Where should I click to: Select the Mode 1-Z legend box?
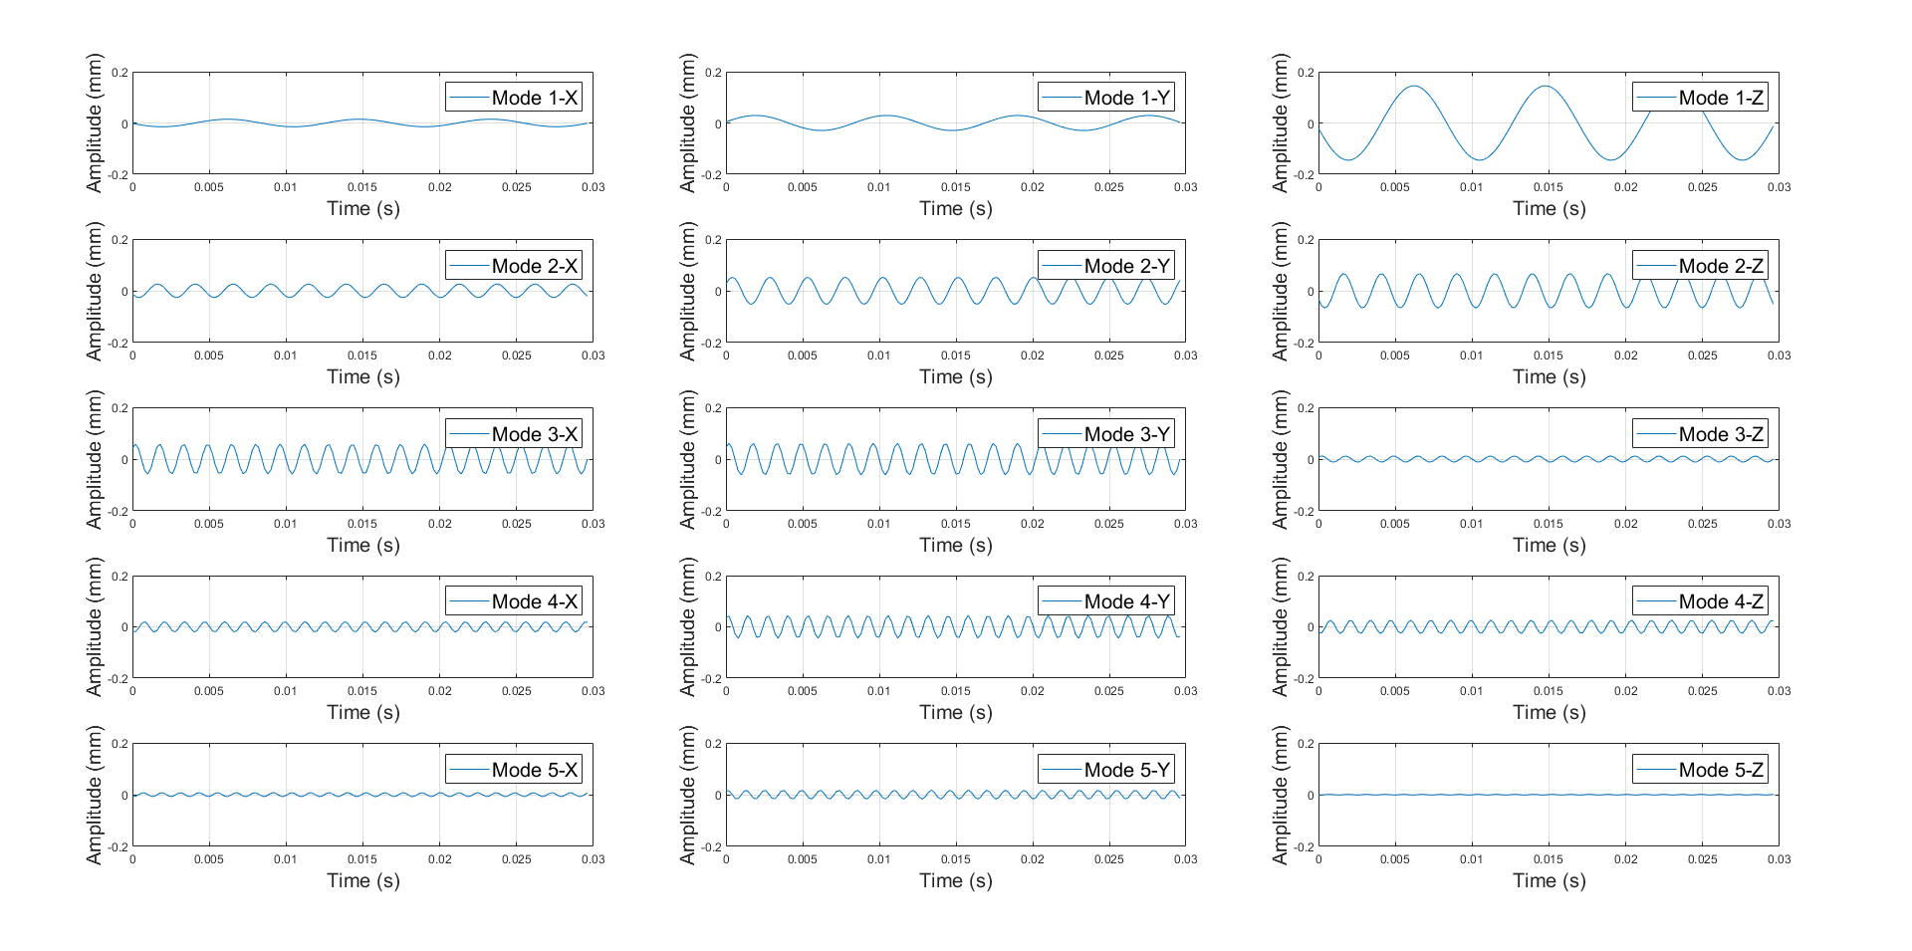[x=1700, y=98]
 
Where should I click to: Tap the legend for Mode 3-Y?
[x=1106, y=434]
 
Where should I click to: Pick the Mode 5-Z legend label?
[x=1700, y=770]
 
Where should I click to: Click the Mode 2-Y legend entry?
[x=1106, y=266]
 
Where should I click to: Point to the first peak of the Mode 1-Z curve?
[x=1413, y=87]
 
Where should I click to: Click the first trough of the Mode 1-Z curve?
[x=1347, y=159]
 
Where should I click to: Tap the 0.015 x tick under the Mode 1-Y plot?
[x=955, y=187]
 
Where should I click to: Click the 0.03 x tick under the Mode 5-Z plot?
[x=1779, y=859]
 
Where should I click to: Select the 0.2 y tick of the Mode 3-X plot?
[x=120, y=408]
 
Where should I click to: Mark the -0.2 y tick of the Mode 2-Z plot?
[x=1305, y=344]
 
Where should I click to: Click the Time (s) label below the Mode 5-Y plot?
[x=955, y=881]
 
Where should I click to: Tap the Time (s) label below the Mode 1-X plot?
[x=362, y=209]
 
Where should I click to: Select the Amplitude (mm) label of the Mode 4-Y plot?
[x=687, y=626]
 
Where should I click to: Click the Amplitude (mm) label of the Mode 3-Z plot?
[x=1281, y=459]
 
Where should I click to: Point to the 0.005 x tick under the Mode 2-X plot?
[x=209, y=356]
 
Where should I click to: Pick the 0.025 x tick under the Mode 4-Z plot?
[x=1702, y=691]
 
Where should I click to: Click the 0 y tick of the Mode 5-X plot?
[x=124, y=796]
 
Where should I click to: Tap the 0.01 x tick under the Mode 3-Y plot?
[x=878, y=524]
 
